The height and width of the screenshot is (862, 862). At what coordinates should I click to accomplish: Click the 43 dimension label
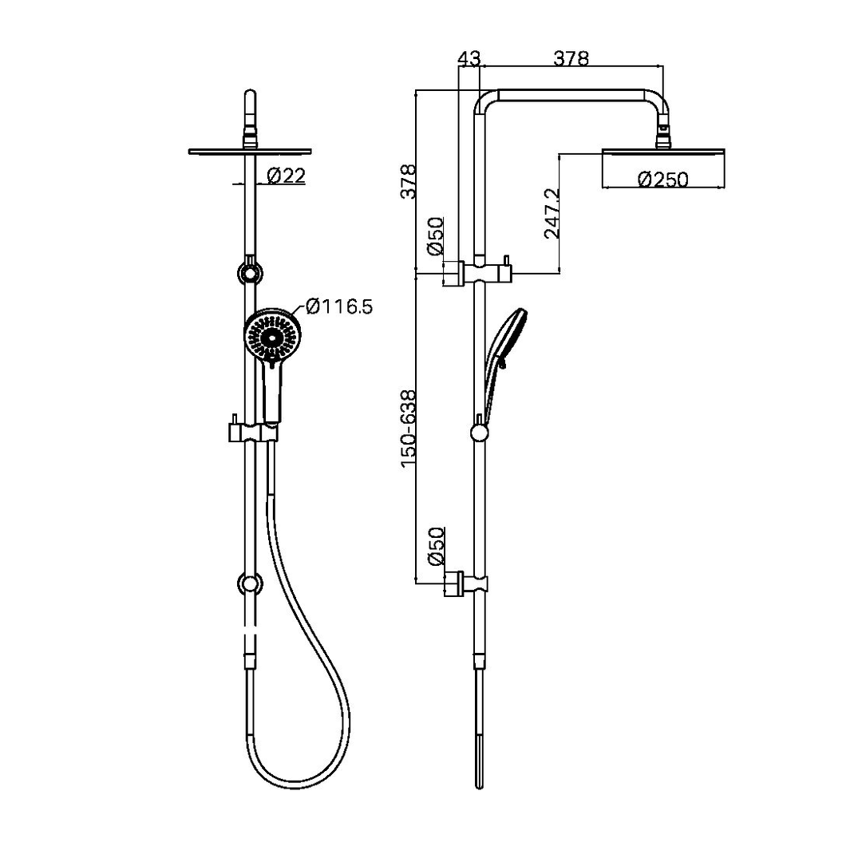[x=469, y=58]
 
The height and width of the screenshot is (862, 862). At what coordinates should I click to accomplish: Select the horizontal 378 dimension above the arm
[x=571, y=58]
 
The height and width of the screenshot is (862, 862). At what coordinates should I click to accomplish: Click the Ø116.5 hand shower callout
[x=338, y=306]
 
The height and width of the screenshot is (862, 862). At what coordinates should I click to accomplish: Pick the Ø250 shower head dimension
[x=662, y=180]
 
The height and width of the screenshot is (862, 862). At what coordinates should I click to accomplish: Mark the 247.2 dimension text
[x=551, y=214]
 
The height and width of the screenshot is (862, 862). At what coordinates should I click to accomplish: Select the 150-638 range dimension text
[x=409, y=428]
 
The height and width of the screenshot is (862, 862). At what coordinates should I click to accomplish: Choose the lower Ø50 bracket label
[x=436, y=547]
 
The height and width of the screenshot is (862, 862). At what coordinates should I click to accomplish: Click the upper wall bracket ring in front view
[x=251, y=274]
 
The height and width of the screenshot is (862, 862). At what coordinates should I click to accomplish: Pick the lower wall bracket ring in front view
[x=251, y=585]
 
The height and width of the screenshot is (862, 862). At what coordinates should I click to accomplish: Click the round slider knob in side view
[x=479, y=433]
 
